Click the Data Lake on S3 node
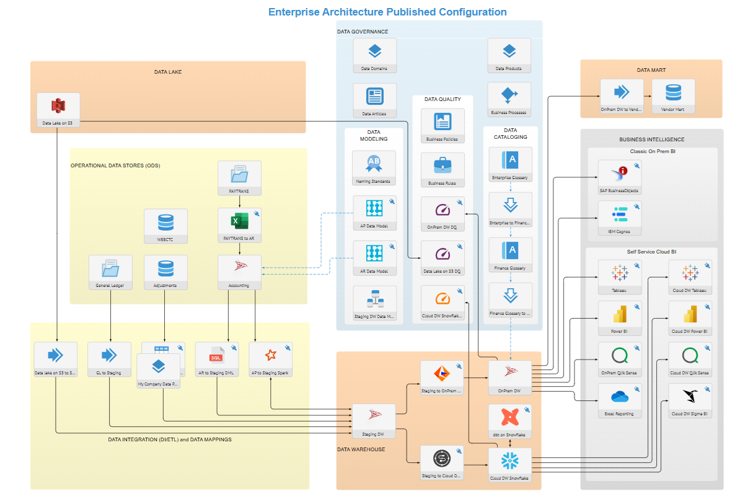(58, 110)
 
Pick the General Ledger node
(110, 270)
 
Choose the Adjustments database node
(165, 270)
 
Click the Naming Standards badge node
(374, 165)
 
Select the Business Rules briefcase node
(443, 167)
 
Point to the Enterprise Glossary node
(510, 162)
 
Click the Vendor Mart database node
(673, 94)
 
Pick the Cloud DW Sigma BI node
(690, 399)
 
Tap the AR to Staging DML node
(216, 358)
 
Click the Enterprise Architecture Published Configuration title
(387, 12)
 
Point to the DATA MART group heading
(651, 70)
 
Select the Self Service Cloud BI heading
(651, 252)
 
